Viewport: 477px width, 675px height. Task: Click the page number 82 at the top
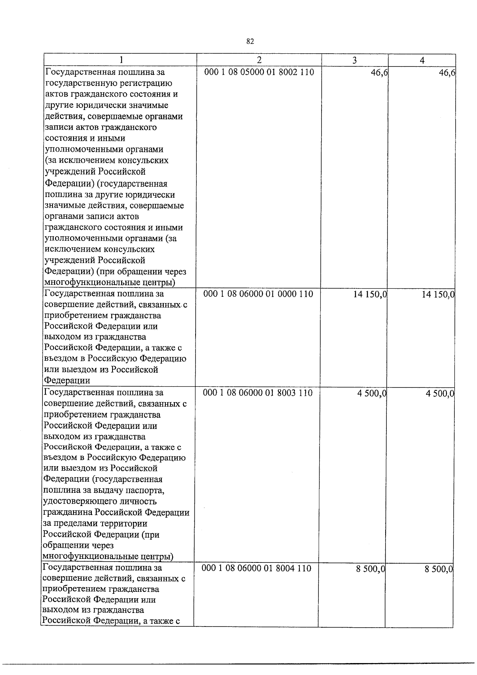click(x=250, y=42)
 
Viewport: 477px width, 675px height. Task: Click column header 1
click(x=121, y=60)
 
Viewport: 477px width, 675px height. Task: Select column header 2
click(x=259, y=60)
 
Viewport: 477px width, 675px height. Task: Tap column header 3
click(x=355, y=60)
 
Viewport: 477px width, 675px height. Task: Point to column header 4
click(x=422, y=60)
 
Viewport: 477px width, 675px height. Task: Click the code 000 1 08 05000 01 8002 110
click(x=259, y=72)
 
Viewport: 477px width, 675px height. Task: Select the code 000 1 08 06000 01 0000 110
click(x=258, y=294)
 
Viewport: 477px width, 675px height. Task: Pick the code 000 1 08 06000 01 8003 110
click(x=258, y=393)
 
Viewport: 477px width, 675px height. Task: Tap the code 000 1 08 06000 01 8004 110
click(x=257, y=568)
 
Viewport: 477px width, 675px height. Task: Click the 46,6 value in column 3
click(x=379, y=73)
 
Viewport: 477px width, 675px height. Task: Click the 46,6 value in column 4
click(x=447, y=73)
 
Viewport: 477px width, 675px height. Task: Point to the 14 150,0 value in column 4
click(x=438, y=295)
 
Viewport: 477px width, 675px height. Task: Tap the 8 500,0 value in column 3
click(x=370, y=569)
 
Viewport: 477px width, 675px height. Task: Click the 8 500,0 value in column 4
click(x=439, y=569)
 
